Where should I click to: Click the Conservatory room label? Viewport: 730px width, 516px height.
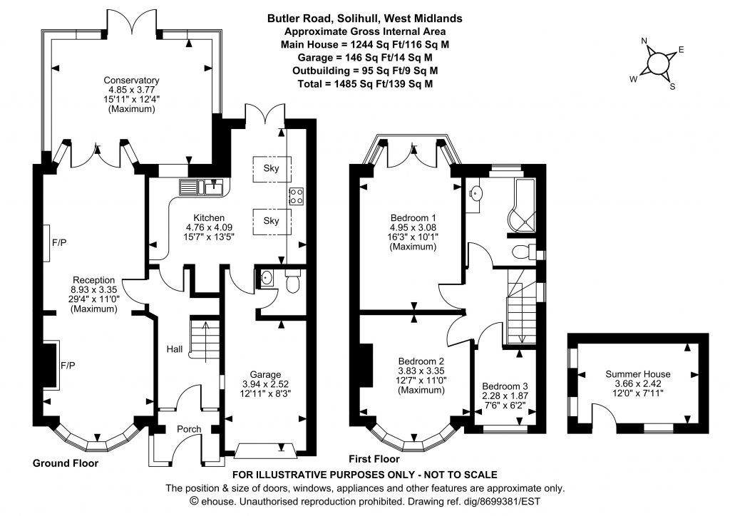click(131, 80)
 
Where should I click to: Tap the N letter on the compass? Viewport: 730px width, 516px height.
click(644, 41)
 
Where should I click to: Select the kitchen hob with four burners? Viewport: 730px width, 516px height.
click(297, 196)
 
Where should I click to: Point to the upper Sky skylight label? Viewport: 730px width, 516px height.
click(271, 168)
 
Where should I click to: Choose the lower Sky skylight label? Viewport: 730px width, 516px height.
click(271, 220)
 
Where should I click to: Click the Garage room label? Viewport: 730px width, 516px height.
click(265, 375)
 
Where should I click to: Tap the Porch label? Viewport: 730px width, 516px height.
click(189, 429)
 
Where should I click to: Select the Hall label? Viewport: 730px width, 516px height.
click(175, 349)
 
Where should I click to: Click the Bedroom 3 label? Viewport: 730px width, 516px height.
click(505, 386)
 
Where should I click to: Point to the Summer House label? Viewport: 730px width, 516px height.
click(638, 374)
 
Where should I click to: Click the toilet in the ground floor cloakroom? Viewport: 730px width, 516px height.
click(292, 282)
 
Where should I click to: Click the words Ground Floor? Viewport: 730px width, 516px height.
click(66, 463)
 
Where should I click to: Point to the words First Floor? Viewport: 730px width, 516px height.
click(374, 459)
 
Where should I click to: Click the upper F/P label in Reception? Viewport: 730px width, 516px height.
click(59, 242)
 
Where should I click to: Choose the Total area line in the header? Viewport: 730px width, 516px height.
click(365, 84)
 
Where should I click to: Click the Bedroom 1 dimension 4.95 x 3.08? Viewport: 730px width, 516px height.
click(413, 227)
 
